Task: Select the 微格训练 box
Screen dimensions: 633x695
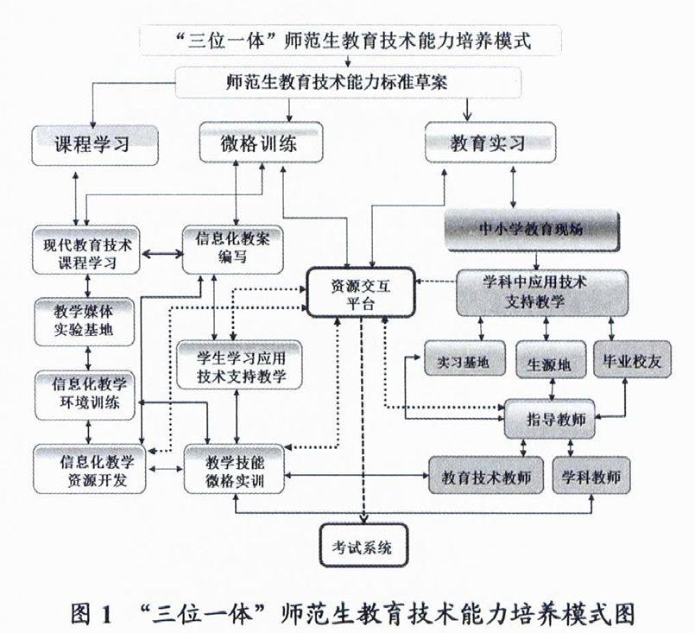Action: coord(260,143)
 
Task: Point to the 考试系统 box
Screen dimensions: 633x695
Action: coord(362,546)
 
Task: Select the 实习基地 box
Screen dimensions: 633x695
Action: coord(464,362)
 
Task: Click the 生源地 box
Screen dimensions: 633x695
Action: coord(549,363)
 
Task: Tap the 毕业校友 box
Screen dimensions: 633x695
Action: coord(632,362)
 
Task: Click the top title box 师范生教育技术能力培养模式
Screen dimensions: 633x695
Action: coord(349,39)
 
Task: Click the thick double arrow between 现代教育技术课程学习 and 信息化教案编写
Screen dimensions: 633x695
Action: coord(162,254)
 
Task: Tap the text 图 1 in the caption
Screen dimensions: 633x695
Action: coord(91,615)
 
